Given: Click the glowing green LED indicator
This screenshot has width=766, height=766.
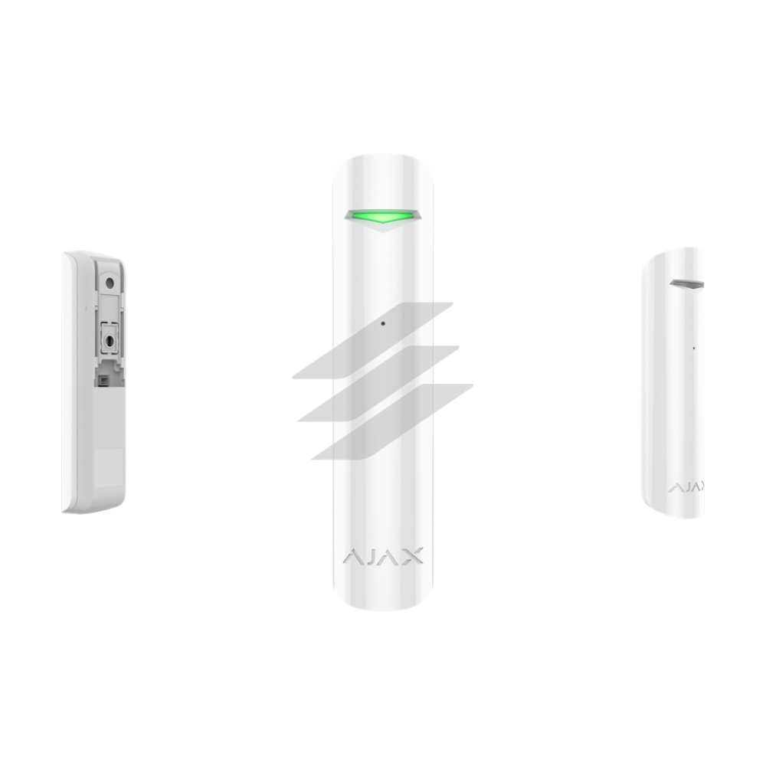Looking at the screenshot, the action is click(382, 215).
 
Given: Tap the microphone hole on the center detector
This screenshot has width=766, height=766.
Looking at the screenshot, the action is click(383, 323).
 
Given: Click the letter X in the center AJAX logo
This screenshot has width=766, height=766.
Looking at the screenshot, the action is click(412, 556).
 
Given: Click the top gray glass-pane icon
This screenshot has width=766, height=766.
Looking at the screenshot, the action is click(373, 341).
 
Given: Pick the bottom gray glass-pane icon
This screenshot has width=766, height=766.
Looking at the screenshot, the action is click(392, 421).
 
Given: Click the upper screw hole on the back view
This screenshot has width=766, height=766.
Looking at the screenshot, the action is click(110, 283).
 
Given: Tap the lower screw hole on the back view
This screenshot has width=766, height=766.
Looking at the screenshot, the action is click(110, 341).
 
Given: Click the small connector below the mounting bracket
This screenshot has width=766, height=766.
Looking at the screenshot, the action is click(103, 381).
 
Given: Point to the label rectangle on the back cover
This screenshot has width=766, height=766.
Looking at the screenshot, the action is click(109, 467).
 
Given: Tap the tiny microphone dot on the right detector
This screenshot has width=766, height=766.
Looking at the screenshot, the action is click(694, 349).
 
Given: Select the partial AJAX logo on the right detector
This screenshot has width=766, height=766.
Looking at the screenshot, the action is click(686, 487).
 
